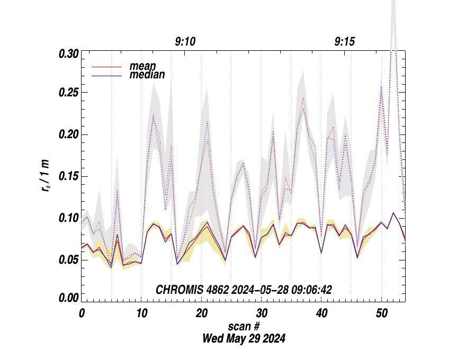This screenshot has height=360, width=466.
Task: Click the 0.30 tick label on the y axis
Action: pyautogui.click(x=68, y=54)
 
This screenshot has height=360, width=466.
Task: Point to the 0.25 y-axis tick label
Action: pyautogui.click(x=68, y=93)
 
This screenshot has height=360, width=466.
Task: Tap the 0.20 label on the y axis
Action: pyautogui.click(x=68, y=134)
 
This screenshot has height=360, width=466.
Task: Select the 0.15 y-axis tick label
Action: pyautogui.click(x=68, y=176)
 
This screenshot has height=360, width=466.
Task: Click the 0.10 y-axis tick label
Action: pyautogui.click(x=68, y=218)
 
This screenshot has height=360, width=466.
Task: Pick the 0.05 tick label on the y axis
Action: pyautogui.click(x=68, y=259)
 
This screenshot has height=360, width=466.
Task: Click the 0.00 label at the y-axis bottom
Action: pyautogui.click(x=68, y=298)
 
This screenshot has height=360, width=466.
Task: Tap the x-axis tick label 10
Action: pyautogui.click(x=141, y=313)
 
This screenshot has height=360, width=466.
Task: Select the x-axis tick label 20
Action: pyautogui.click(x=201, y=313)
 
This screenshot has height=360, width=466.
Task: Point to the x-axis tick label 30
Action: pyautogui.click(x=261, y=313)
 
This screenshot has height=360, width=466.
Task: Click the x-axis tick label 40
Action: pyautogui.click(x=321, y=313)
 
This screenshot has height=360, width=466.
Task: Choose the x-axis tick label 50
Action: pyautogui.click(x=381, y=313)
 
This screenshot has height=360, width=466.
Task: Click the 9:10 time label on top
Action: pyautogui.click(x=185, y=42)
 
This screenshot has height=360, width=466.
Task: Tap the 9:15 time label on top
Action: pyautogui.click(x=345, y=42)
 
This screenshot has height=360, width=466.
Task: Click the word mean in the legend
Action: pyautogui.click(x=143, y=66)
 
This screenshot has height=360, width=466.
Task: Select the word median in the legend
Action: pyautogui.click(x=147, y=75)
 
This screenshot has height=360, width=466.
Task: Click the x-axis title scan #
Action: pyautogui.click(x=244, y=326)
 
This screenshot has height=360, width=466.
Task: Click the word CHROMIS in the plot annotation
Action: pyautogui.click(x=177, y=290)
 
